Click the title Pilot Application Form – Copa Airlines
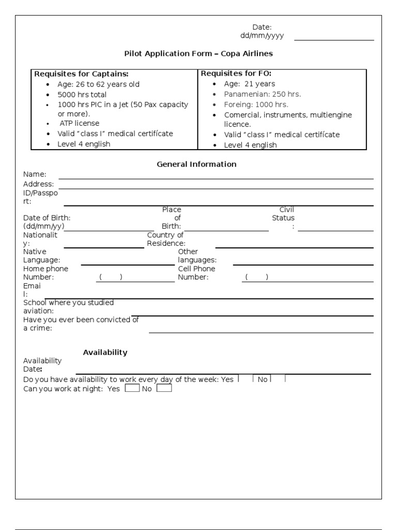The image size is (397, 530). tap(198, 53)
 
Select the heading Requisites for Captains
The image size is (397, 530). tap(81, 73)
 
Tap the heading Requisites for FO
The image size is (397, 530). tap(236, 73)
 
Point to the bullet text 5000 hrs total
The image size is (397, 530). tap(82, 95)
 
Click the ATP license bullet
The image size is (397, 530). tap(80, 124)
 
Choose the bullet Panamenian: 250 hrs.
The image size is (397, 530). tap(262, 94)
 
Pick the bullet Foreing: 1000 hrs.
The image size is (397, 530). tap(256, 105)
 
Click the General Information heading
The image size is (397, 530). tap(196, 164)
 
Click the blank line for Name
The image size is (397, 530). tap(216, 176)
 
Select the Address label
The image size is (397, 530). tap(38, 184)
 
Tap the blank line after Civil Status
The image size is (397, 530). tap(335, 229)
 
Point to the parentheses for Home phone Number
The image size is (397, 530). tap(111, 277)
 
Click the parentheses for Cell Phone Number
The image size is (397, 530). tap(256, 277)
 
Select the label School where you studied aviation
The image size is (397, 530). tap(68, 306)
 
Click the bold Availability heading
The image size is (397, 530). tap(105, 352)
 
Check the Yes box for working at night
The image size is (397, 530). tap(132, 388)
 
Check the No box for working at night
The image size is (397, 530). tap(164, 388)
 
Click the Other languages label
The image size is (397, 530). tap(197, 256)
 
